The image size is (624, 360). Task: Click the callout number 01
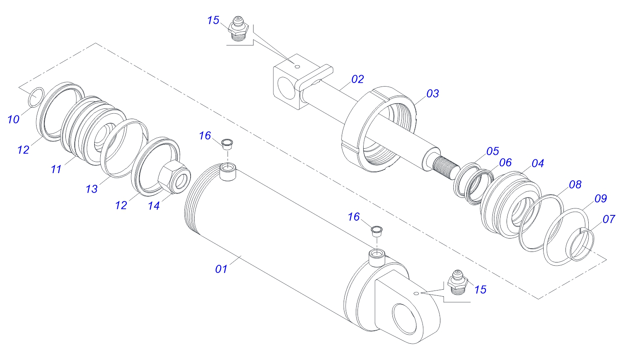pyautogui.click(x=221, y=269)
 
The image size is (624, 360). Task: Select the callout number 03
pyautogui.click(x=433, y=93)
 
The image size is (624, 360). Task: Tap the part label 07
pyautogui.click(x=609, y=219)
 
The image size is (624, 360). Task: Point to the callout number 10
pyautogui.click(x=13, y=119)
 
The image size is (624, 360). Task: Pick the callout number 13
pyautogui.click(x=91, y=189)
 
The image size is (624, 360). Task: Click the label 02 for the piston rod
pyautogui.click(x=357, y=79)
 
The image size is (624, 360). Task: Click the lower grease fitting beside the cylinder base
pyautogui.click(x=457, y=282)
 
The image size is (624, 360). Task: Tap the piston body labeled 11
pyautogui.click(x=91, y=130)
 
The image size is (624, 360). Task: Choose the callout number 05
pyautogui.click(x=492, y=152)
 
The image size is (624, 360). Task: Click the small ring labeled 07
pyautogui.click(x=582, y=245)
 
